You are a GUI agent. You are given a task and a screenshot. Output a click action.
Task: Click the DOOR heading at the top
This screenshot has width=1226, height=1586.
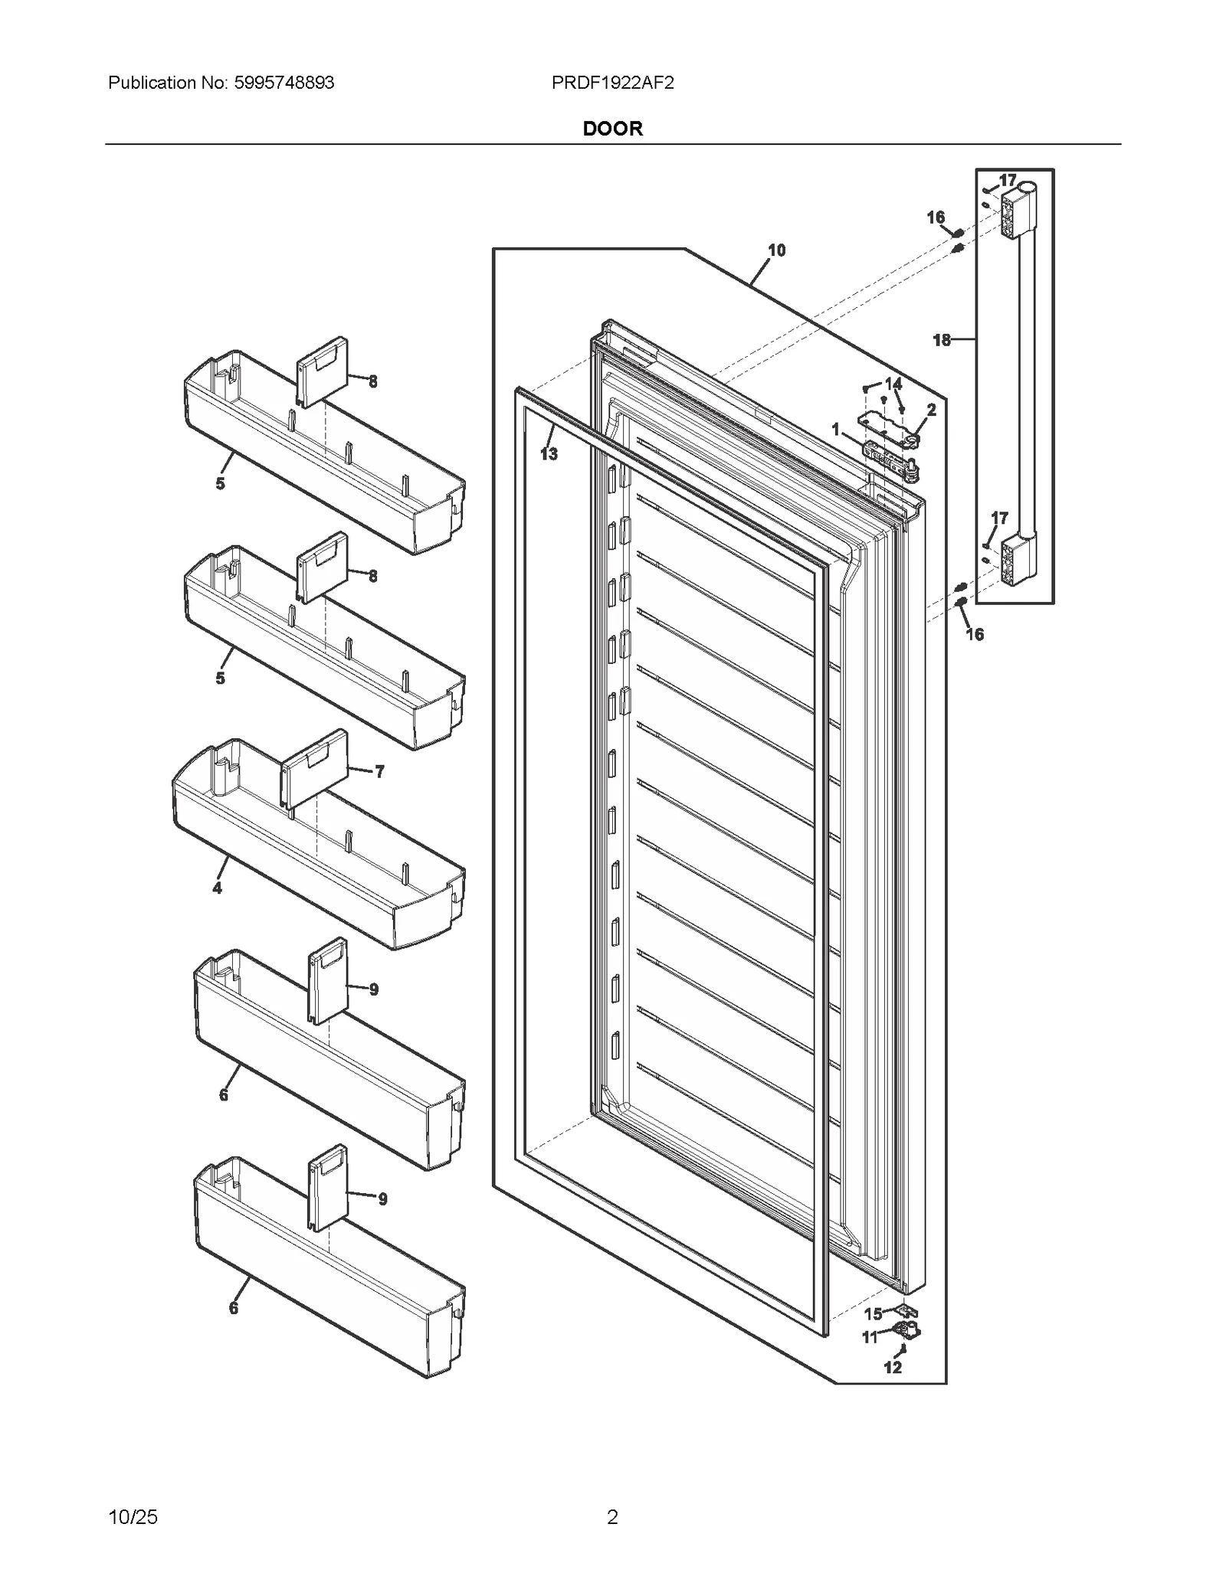(x=612, y=129)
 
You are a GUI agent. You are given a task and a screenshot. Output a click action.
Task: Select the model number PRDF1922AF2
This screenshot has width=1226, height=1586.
(x=612, y=83)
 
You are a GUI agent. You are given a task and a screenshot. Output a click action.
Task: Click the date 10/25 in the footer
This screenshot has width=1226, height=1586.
(x=133, y=1516)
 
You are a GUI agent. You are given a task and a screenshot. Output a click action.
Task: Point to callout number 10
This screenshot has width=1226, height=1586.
(x=776, y=250)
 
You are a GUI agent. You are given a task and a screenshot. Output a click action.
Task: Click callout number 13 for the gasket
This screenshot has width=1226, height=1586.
(x=549, y=454)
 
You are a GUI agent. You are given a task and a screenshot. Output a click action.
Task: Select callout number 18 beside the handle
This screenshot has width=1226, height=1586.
(x=942, y=339)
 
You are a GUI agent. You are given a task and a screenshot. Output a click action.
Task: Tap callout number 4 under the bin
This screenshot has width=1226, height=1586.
(x=218, y=888)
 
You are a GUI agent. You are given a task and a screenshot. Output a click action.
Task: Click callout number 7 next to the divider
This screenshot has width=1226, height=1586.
(x=379, y=771)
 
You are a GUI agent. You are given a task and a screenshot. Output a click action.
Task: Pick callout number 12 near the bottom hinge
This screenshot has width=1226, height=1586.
(x=893, y=1368)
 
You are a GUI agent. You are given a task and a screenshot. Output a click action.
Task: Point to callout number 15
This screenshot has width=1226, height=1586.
(x=874, y=1314)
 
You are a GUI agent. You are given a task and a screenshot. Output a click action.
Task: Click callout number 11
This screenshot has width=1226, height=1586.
(x=870, y=1338)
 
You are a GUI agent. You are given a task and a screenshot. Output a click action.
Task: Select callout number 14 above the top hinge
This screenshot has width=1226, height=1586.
(x=893, y=383)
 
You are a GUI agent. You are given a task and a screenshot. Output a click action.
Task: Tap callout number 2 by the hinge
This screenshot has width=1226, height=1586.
(x=932, y=410)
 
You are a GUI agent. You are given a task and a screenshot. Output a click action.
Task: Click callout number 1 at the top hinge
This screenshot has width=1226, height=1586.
(x=836, y=430)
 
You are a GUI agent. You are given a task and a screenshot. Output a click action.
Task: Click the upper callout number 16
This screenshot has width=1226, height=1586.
(x=936, y=217)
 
